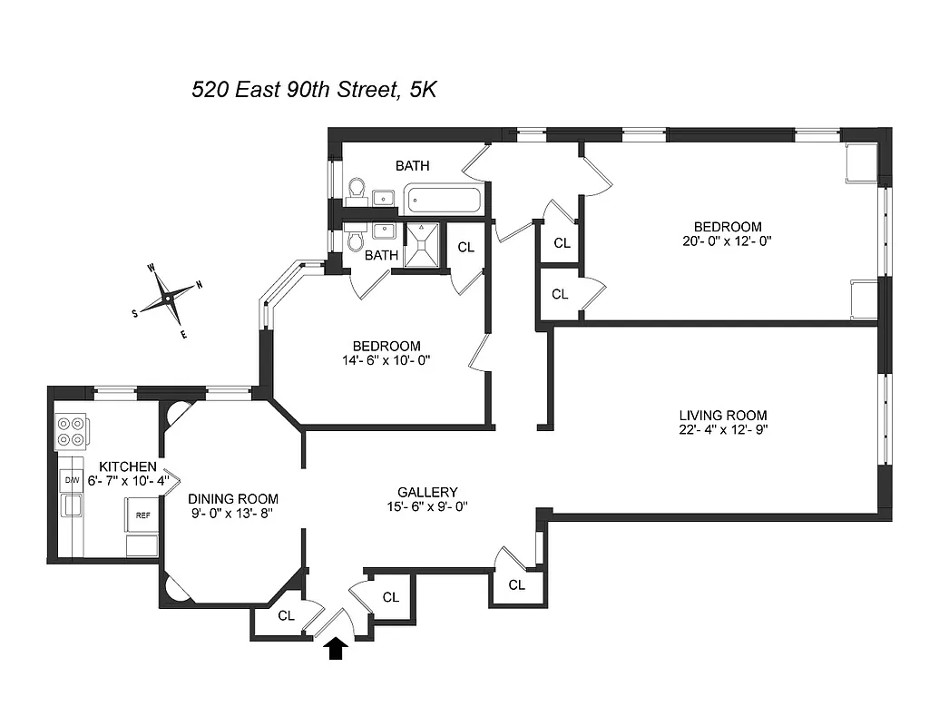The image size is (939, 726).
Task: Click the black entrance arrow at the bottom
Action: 337,648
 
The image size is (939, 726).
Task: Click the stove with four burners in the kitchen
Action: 72,431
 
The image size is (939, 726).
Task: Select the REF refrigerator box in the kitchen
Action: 142,514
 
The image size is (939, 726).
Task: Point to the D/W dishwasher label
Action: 71,479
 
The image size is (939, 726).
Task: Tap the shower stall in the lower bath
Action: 421,245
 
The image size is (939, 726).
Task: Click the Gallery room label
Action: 427,492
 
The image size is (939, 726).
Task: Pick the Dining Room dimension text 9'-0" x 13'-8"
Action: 232,513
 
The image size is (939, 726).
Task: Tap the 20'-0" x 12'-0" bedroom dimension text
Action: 728,240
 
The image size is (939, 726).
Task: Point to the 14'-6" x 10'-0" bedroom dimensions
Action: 386,359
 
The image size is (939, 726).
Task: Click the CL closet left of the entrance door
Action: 286,615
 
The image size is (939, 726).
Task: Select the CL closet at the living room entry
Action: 516,585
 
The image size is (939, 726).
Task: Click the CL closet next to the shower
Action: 465,247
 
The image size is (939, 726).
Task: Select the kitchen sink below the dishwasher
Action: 71,505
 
